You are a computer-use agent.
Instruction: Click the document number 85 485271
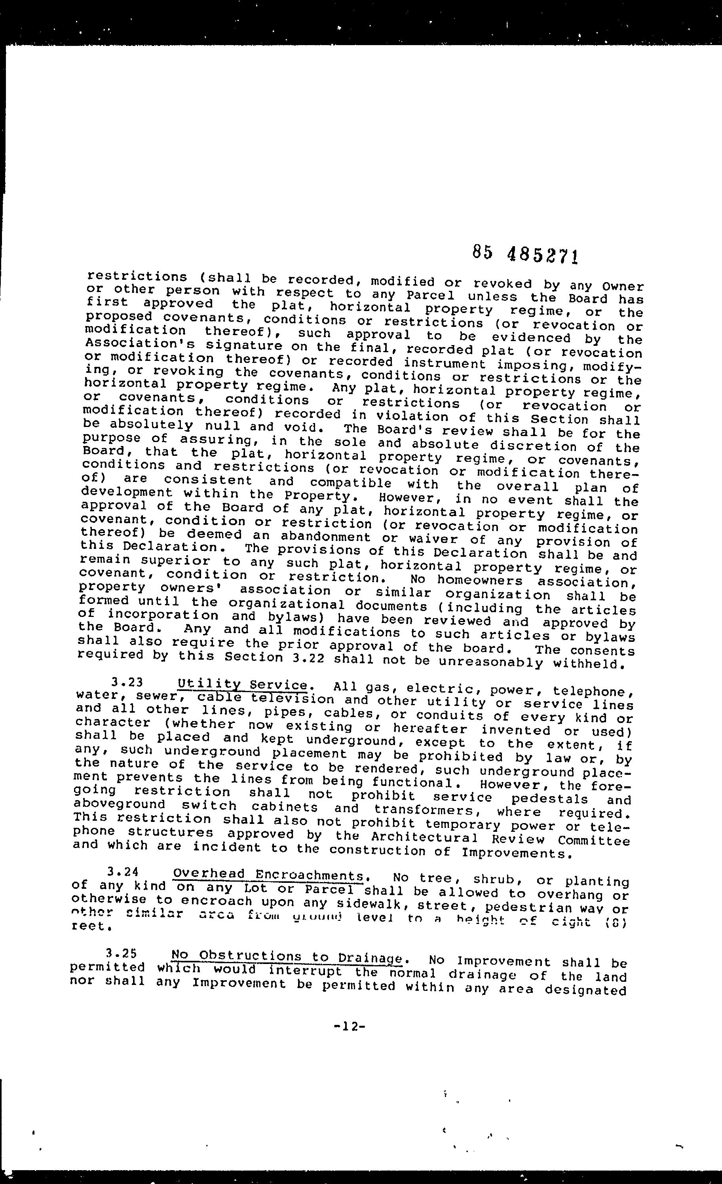(524, 253)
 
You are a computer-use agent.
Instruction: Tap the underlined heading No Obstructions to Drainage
(287, 956)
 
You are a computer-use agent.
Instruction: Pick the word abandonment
(325, 536)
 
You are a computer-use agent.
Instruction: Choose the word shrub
(494, 879)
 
